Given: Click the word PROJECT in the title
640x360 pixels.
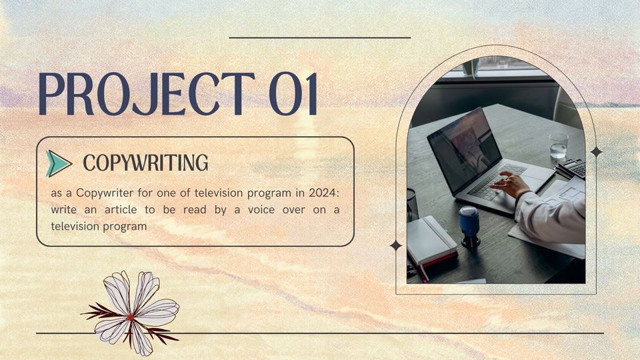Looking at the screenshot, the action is (147, 94).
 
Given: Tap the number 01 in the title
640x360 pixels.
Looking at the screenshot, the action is (293, 94).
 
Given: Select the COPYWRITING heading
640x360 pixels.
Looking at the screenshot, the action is (145, 163).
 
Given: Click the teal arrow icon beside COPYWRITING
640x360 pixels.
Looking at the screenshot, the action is (59, 163).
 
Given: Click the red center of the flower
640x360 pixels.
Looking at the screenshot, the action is (130, 317).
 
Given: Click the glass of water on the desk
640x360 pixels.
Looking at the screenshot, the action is (559, 145).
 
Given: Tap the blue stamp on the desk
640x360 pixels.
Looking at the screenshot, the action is (469, 227).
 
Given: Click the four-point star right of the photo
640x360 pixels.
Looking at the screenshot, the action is (596, 152).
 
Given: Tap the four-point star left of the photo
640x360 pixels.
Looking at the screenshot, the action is (395, 246).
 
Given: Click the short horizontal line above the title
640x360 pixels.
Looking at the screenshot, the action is (320, 37).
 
